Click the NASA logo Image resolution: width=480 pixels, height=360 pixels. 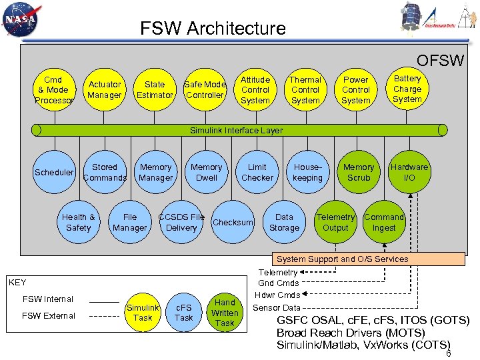click(21, 19)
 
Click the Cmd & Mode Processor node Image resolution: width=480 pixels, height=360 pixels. click(53, 90)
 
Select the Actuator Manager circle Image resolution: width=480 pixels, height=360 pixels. click(105, 90)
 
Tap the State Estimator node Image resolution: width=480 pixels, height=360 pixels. click(155, 90)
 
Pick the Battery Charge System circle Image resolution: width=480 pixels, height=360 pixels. click(407, 89)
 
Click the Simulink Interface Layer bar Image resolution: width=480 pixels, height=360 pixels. click(236, 131)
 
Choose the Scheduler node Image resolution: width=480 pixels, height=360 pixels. click(54, 173)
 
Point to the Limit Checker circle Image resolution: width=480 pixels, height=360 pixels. click(257, 173)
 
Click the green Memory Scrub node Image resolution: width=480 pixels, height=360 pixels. click(359, 173)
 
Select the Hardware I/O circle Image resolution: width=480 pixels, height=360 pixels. click(409, 173)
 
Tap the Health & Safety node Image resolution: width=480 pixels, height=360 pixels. click(79, 223)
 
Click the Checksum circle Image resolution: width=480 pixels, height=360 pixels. click(233, 223)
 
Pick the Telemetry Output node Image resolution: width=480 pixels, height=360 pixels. click(335, 223)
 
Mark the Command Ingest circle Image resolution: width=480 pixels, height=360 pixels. click(384, 223)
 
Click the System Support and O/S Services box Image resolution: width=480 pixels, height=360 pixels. click(342, 259)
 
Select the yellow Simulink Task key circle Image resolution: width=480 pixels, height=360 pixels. click(143, 313)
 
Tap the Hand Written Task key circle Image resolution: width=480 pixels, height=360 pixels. click(225, 313)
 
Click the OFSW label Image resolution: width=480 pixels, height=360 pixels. click(440, 61)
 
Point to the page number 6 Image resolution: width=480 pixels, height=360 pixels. click(449, 354)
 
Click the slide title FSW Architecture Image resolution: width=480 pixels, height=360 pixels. click(213, 29)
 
